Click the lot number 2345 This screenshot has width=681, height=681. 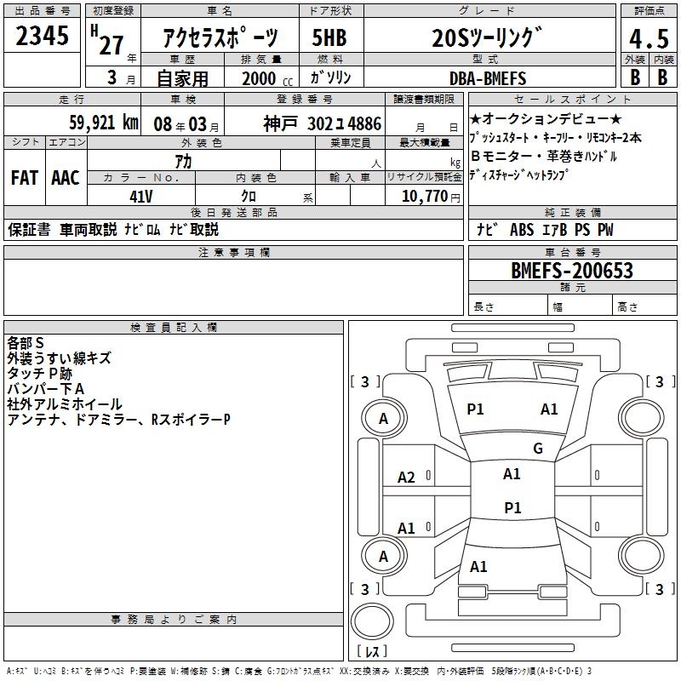42,37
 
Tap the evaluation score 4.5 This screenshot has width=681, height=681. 646,39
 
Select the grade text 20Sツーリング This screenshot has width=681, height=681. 486,38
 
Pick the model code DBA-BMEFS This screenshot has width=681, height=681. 488,78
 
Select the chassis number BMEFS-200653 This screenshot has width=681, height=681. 572,271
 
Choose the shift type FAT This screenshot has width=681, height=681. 25,178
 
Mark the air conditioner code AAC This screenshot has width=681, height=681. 66,178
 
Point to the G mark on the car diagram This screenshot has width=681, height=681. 537,448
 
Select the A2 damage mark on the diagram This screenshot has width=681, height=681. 407,478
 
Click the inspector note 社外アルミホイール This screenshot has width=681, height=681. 65,404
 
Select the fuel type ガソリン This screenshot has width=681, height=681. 332,78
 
